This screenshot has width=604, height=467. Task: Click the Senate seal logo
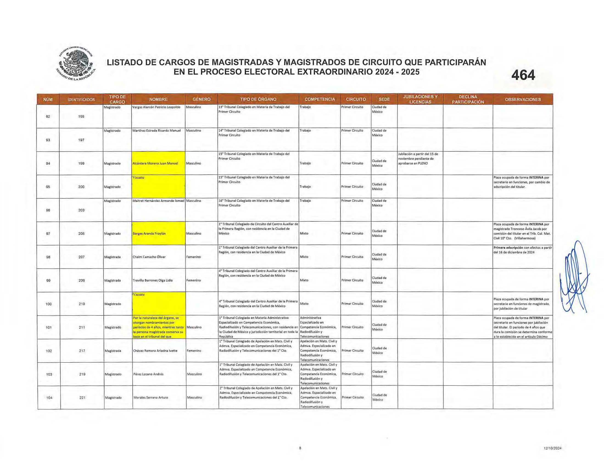click(x=75, y=63)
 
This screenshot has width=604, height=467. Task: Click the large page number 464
click(x=523, y=75)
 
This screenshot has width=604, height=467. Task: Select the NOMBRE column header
click(x=158, y=99)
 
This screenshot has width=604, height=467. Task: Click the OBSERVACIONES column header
click(x=522, y=99)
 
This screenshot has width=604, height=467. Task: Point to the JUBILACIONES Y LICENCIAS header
click(x=420, y=99)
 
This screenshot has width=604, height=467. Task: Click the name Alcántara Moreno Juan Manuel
click(x=155, y=163)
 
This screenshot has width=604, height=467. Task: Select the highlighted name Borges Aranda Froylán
click(x=149, y=233)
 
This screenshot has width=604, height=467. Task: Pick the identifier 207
click(x=81, y=257)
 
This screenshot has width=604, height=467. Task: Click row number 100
click(x=48, y=304)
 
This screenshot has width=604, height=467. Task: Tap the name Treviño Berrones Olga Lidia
click(x=152, y=280)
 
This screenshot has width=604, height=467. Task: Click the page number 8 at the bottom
click(x=300, y=448)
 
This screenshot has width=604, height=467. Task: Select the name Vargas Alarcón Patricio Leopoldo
click(x=156, y=107)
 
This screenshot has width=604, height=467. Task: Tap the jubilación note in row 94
click(x=418, y=159)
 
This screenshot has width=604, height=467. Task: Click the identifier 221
click(x=82, y=398)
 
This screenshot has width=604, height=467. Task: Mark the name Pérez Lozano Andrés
click(x=148, y=374)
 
